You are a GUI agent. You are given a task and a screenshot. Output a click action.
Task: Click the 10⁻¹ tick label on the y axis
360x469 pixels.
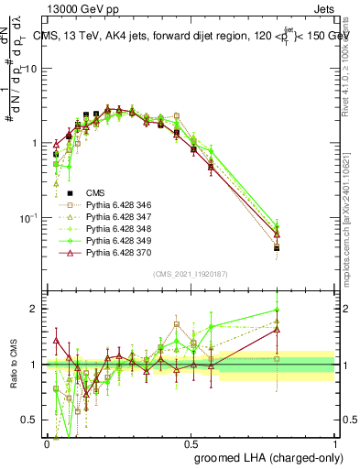pyautogui.click(x=30, y=218)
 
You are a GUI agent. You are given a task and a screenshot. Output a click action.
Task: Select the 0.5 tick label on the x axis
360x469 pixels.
pyautogui.click(x=191, y=442)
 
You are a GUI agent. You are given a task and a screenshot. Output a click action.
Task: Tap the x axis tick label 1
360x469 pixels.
pyautogui.click(x=334, y=442)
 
